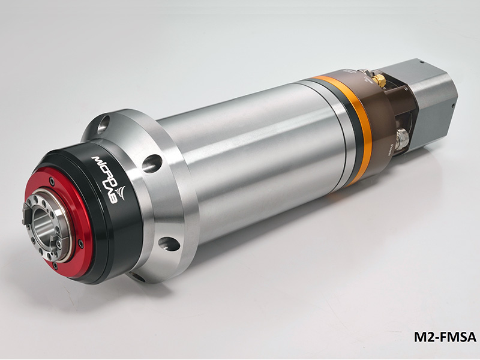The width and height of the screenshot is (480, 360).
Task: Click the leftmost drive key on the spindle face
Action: click(x=26, y=221)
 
